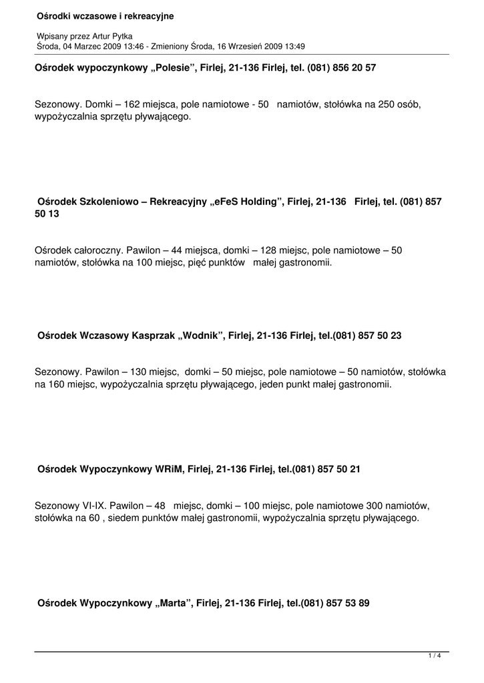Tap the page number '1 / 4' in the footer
(x=435, y=656)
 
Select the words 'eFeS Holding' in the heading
(x=249, y=201)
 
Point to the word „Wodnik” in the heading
(x=200, y=336)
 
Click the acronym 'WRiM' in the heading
(x=166, y=470)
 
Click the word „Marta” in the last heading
(x=174, y=603)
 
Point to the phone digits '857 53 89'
(x=347, y=603)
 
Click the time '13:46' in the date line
(x=120, y=46)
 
